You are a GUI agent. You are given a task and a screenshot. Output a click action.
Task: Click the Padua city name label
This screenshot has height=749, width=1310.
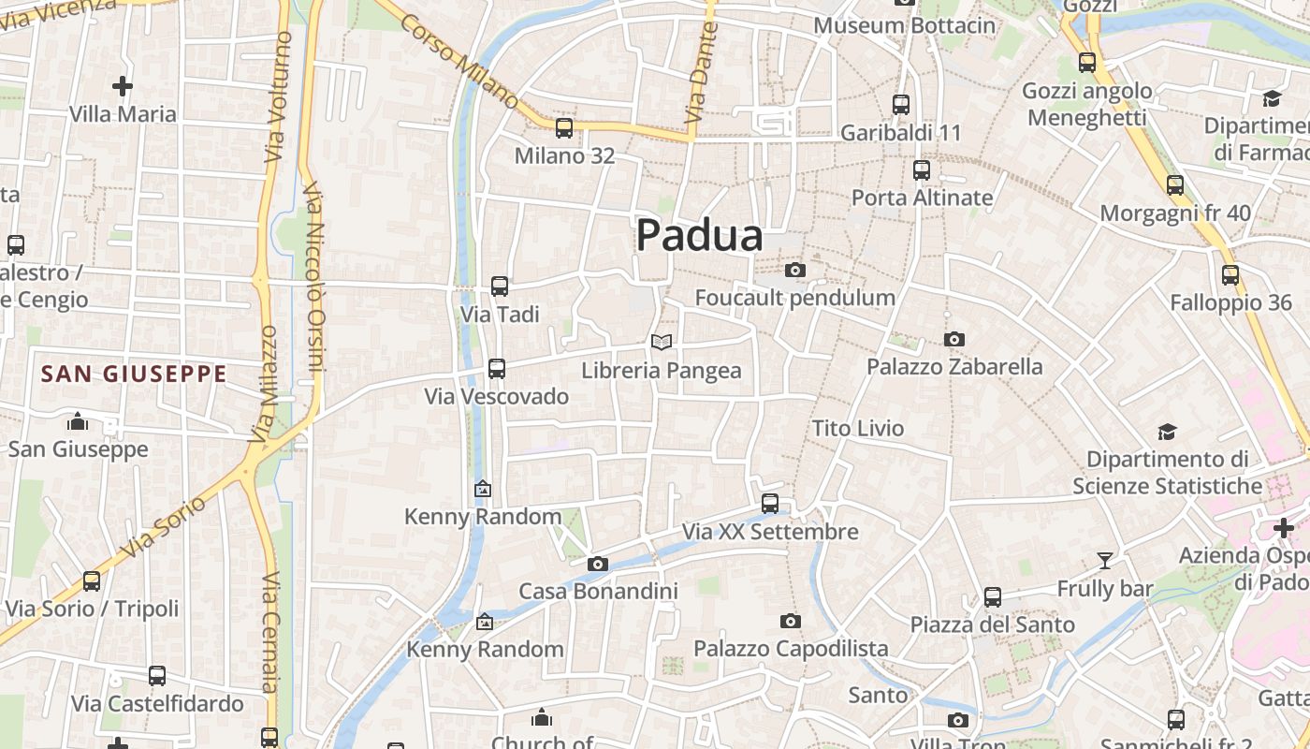tap(699, 236)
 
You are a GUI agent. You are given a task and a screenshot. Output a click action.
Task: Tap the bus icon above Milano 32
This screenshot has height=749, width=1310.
tap(564, 128)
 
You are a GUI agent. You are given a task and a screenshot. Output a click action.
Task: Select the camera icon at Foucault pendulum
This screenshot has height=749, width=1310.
tap(795, 271)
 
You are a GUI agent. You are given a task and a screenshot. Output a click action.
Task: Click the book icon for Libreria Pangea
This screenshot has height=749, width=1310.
tap(662, 343)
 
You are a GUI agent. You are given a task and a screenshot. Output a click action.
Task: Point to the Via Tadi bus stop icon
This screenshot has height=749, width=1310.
tap(500, 286)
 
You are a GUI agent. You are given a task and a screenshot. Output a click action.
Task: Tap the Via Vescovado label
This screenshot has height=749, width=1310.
tap(497, 396)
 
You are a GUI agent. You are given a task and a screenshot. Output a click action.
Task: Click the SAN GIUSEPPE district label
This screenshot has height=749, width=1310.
tap(134, 374)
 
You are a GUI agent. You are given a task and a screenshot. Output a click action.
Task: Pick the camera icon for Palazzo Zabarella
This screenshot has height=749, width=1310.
tap(954, 339)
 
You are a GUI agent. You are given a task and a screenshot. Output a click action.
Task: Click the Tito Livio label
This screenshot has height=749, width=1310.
tap(858, 429)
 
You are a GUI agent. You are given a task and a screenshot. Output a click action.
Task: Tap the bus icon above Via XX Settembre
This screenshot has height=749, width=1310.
tap(770, 504)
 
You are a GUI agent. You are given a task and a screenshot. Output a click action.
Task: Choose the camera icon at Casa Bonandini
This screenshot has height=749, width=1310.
tap(598, 564)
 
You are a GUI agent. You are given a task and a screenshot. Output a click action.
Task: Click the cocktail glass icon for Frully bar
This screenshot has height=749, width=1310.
tap(1105, 561)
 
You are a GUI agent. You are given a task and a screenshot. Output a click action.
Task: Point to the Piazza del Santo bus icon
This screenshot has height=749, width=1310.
tap(993, 596)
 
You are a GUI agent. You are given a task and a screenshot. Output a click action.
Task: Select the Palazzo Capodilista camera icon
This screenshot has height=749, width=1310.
tap(791, 621)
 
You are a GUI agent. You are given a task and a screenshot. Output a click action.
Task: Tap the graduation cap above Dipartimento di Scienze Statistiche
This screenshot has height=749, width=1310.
tap(1167, 432)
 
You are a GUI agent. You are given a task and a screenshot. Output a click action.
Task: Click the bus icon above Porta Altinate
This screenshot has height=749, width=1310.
tap(922, 170)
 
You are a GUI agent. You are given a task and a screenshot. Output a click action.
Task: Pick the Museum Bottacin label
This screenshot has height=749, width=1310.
tap(905, 25)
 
